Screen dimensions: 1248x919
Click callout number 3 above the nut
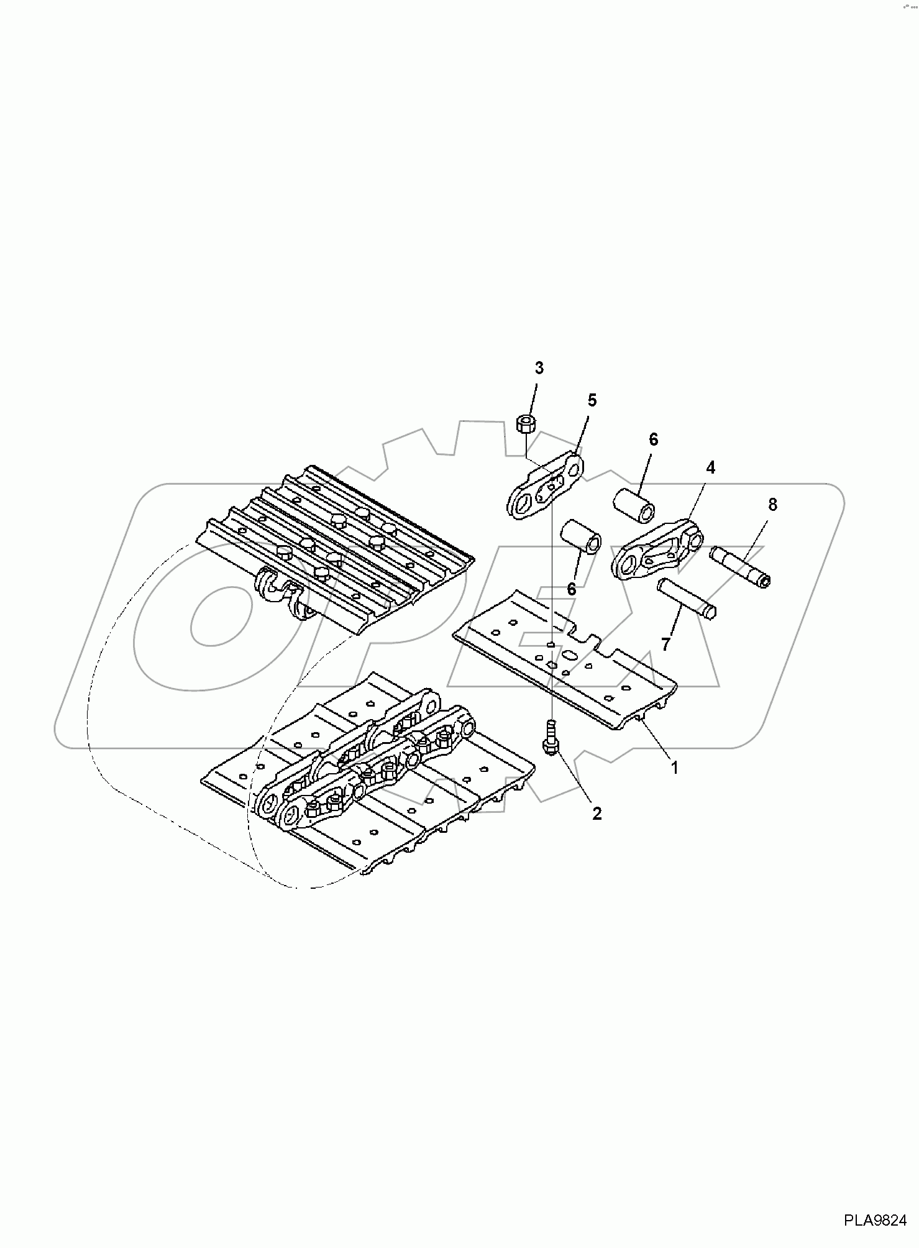point(539,369)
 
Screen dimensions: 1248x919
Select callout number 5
point(592,400)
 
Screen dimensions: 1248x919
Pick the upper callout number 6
point(653,439)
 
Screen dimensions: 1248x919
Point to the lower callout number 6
point(571,589)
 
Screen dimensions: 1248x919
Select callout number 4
point(710,467)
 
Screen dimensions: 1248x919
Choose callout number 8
point(772,505)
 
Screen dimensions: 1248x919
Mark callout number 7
point(666,645)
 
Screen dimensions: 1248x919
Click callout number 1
point(674,768)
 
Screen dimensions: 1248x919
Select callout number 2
point(597,813)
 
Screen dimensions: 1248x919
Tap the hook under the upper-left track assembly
point(274,585)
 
